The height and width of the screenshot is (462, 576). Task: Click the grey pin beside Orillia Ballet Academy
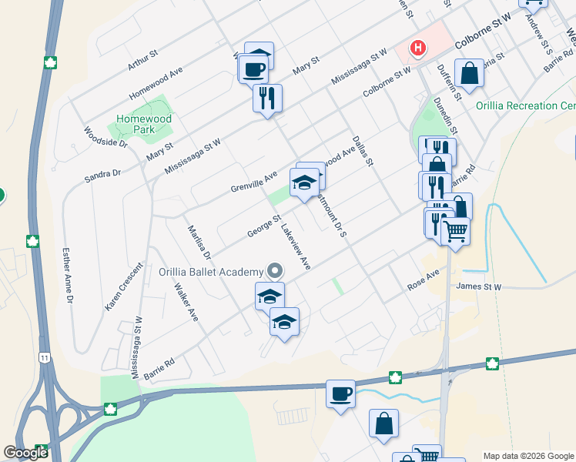(275, 271)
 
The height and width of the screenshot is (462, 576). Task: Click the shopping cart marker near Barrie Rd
(455, 229)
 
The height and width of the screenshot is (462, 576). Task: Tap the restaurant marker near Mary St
(267, 98)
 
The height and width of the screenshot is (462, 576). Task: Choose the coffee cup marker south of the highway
(340, 395)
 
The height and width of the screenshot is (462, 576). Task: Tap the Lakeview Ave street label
(296, 246)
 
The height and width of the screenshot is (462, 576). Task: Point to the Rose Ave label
(423, 280)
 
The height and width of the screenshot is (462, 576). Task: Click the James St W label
(478, 287)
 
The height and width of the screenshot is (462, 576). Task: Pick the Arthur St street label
(143, 61)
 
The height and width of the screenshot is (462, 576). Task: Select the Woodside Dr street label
(105, 137)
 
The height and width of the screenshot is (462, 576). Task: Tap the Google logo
(25, 453)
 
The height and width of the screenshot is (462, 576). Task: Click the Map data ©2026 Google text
(527, 455)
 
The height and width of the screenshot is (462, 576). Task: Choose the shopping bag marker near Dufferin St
(469, 74)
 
